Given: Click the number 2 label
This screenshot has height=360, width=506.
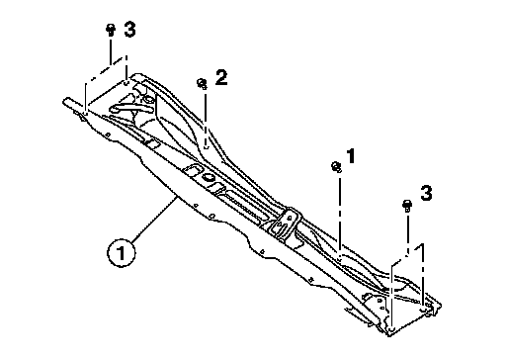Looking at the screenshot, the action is tap(221, 78).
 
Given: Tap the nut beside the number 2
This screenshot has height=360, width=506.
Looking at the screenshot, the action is tap(202, 83).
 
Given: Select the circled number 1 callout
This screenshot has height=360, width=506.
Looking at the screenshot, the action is tap(122, 253).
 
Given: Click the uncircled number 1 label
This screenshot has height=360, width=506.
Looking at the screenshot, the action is tap(351, 156).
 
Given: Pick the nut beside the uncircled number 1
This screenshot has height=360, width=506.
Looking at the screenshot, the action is tap(336, 166).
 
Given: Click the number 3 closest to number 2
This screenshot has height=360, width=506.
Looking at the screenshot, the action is tap(129, 30).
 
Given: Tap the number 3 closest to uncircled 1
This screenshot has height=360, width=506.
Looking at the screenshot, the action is tap(426, 193).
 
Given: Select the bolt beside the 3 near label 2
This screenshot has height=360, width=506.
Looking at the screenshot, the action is tap(111, 30).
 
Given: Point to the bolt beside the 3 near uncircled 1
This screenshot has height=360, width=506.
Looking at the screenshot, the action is tap(407, 206).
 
